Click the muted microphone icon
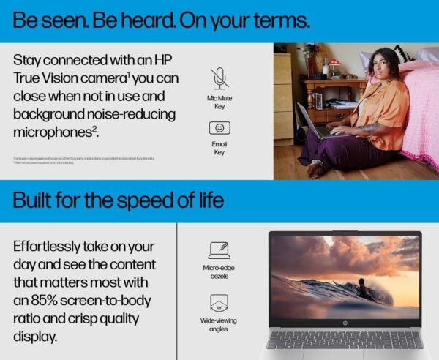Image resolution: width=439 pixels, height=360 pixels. tap(219, 78)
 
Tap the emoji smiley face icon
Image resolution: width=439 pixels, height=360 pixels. tap(219, 128)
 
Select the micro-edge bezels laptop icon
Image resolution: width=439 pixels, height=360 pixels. tap(219, 250)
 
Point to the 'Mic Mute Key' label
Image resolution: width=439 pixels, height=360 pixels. tap(219, 101)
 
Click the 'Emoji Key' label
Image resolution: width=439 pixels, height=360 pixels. tap(219, 148)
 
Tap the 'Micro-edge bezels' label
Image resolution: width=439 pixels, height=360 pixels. tap(219, 272)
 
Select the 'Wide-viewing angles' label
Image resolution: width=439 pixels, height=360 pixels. tap(219, 325)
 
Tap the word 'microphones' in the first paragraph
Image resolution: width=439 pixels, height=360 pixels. tap(51, 132)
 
